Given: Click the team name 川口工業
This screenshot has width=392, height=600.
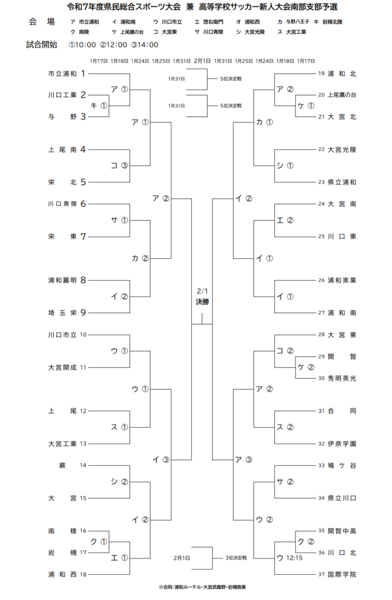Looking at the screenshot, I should click(62, 95).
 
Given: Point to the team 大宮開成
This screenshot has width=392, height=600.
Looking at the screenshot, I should click(62, 367).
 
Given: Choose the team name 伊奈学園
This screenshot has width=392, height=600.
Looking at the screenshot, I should click(342, 443).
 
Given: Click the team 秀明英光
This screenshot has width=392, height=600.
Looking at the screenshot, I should click(342, 378).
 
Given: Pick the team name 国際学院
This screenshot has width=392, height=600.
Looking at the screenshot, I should click(342, 574).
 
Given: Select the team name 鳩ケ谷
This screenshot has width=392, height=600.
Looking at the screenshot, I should click(342, 465).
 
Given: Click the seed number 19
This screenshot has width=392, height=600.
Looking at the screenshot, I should click(321, 74).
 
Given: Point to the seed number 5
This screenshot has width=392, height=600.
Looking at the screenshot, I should click(83, 182).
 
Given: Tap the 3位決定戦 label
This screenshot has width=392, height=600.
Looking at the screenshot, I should click(236, 558).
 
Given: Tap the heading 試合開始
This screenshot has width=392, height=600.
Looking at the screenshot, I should click(42, 45).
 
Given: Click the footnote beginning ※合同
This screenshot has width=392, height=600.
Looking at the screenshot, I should click(195, 587).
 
